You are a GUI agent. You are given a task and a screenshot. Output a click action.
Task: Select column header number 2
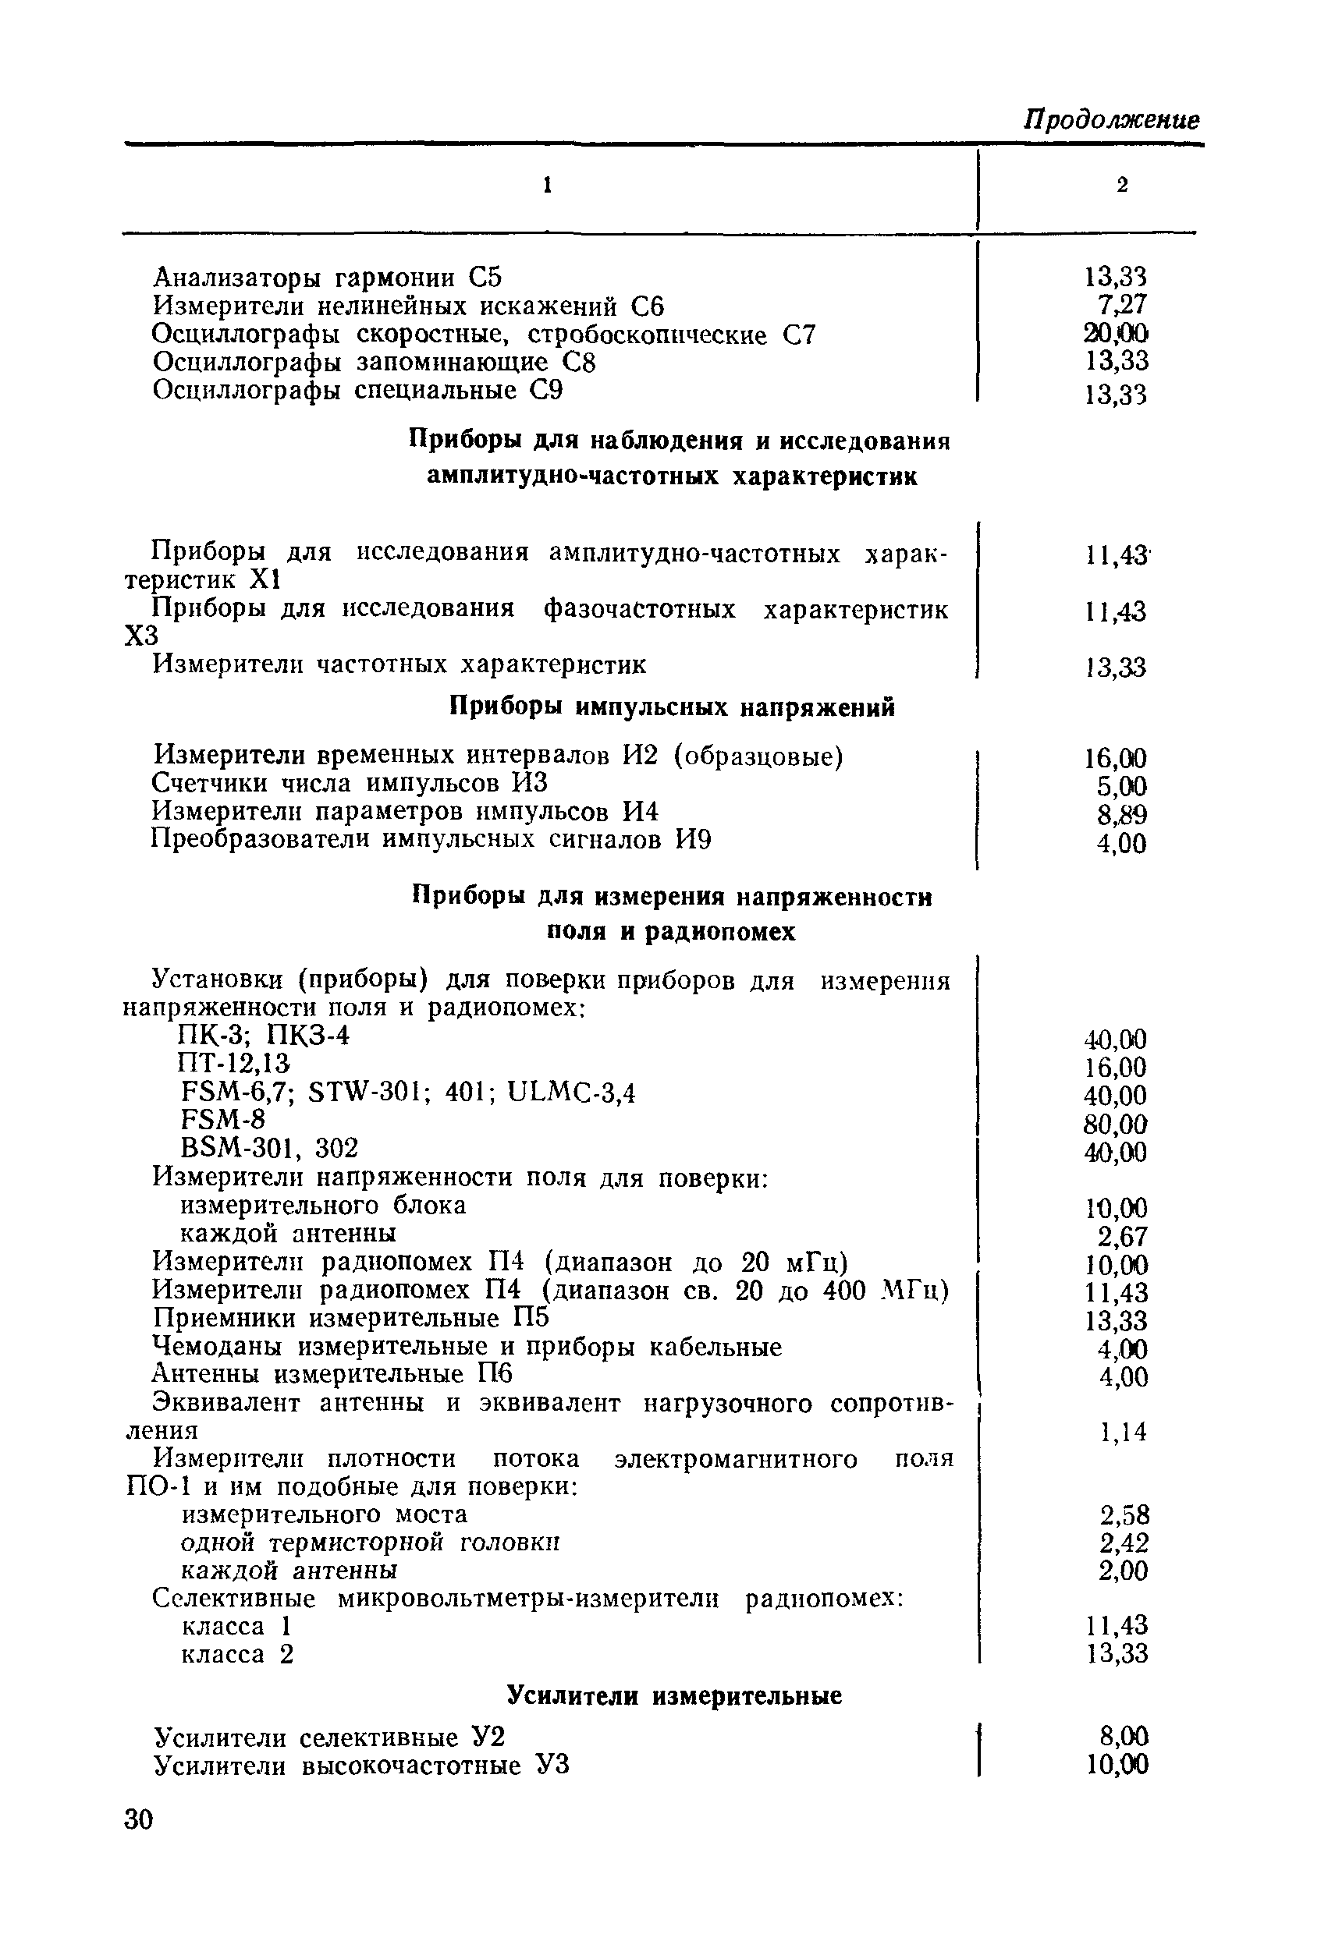[x=1122, y=186]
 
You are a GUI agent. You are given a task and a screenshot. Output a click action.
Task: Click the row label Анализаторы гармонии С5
[x=328, y=277]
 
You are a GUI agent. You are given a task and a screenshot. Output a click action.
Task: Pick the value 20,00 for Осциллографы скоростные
[x=1116, y=334]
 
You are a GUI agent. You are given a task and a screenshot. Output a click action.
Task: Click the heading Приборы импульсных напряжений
[x=672, y=707]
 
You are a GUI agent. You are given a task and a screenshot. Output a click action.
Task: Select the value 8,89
[x=1121, y=815]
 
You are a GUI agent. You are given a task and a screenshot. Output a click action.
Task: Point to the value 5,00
[x=1121, y=786]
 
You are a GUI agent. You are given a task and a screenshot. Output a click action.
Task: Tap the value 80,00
[x=1116, y=1125]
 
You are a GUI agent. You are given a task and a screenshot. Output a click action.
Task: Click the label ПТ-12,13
[x=234, y=1064]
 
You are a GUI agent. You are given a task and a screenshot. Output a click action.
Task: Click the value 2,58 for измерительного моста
[x=1124, y=1514]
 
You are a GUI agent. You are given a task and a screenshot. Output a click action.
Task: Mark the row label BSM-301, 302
[x=269, y=1149]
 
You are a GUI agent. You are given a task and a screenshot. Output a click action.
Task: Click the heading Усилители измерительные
[x=674, y=1695]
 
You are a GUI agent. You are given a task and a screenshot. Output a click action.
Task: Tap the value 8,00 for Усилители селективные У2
[x=1124, y=1736]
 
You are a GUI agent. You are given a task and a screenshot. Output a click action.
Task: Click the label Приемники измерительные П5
[x=351, y=1318]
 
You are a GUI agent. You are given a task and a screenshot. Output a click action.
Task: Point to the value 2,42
[x=1124, y=1543]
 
